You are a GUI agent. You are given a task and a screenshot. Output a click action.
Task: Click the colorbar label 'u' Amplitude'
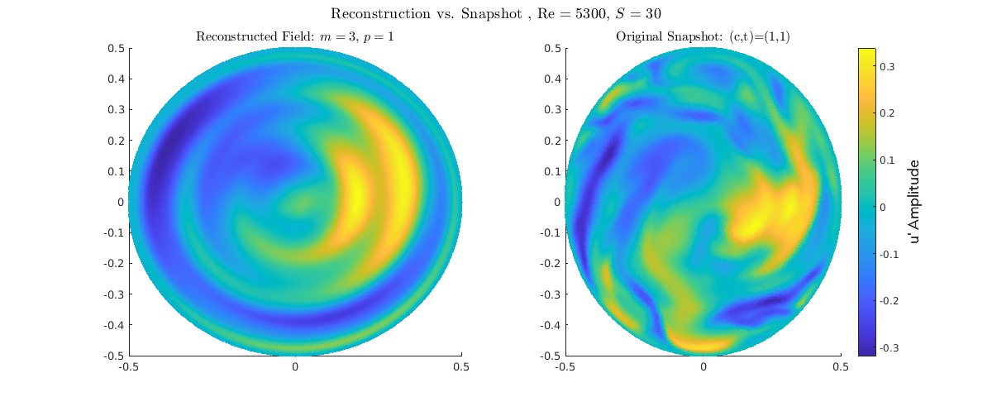pos(914,201)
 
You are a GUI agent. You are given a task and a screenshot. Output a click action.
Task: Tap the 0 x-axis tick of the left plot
pos(295,366)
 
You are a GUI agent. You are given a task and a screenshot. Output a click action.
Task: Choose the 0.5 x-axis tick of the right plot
pos(841,366)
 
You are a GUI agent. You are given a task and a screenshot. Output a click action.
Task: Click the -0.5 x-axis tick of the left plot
pos(128,366)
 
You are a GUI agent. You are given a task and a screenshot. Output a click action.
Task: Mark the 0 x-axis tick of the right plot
pos(703,366)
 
